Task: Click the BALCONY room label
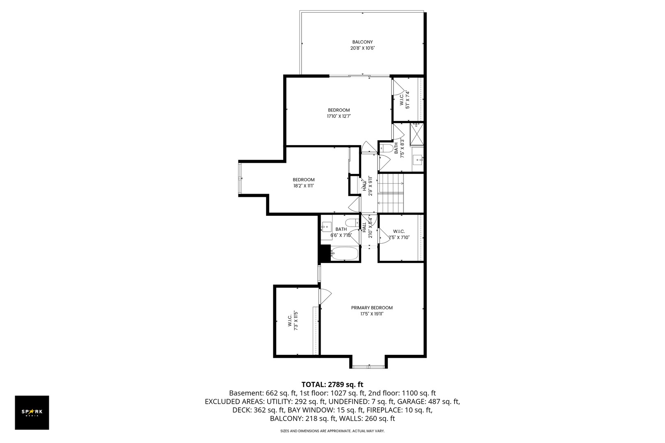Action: tap(362, 42)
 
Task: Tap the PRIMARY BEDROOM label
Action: tap(371, 308)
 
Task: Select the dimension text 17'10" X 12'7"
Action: tap(339, 116)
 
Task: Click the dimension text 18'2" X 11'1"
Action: tap(303, 186)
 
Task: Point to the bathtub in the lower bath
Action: tap(344, 254)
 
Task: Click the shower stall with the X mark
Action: tap(417, 134)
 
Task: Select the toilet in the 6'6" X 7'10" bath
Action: tap(351, 223)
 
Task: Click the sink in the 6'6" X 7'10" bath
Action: tap(327, 226)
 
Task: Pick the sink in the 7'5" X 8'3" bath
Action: tap(417, 159)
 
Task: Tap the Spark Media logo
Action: tap(32, 412)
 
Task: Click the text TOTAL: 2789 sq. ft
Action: tap(332, 384)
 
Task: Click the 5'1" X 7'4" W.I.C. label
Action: tap(405, 99)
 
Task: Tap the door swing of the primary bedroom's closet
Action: tap(325, 296)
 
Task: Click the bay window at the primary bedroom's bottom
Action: tap(368, 366)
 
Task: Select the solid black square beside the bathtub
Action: tap(325, 253)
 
